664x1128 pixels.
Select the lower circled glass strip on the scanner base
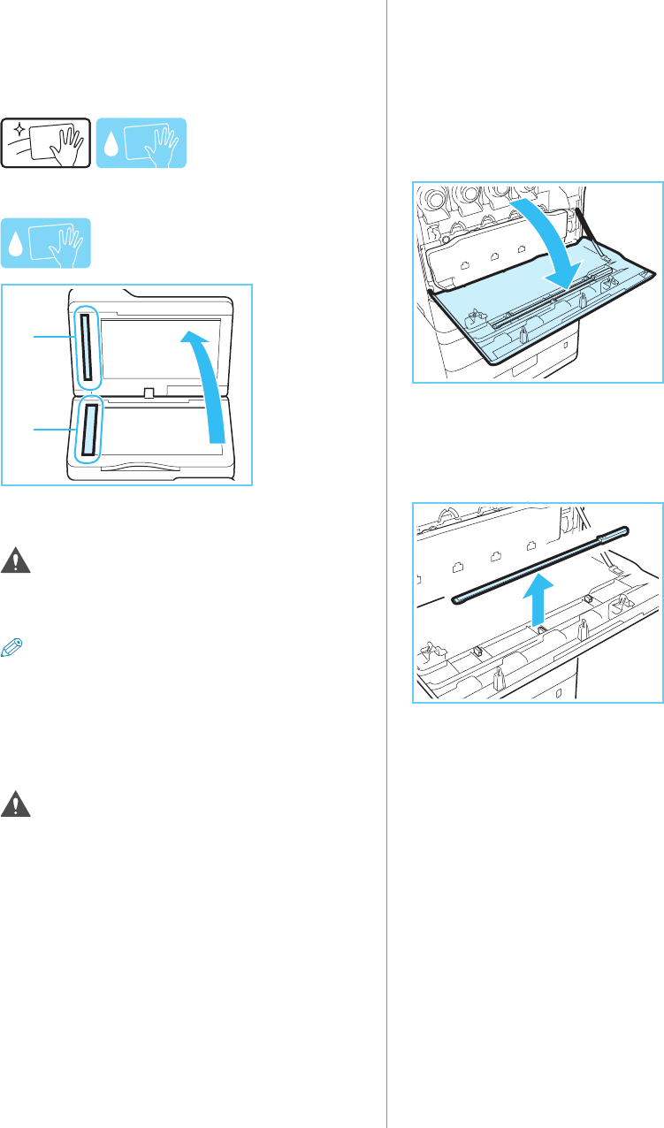coord(89,428)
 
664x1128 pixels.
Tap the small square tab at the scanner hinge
coord(149,391)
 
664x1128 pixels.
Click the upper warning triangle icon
coord(14,560)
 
